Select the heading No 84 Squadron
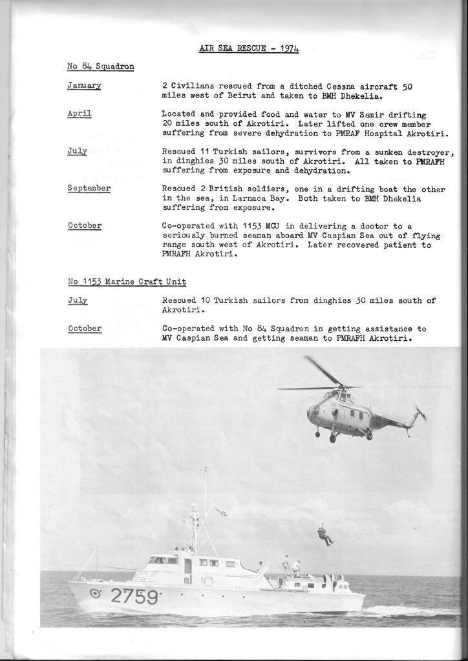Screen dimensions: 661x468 (100, 66)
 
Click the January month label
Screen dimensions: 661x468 (84, 86)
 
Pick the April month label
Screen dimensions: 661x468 (80, 114)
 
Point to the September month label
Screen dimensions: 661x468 (89, 188)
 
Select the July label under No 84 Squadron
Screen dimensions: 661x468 (77, 151)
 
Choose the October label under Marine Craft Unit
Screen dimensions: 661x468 (84, 329)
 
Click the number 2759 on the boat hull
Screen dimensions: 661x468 (134, 597)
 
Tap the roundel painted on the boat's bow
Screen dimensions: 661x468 (95, 594)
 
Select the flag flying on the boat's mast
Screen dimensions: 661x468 (221, 512)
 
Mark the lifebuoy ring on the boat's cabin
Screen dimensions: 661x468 (208, 580)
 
